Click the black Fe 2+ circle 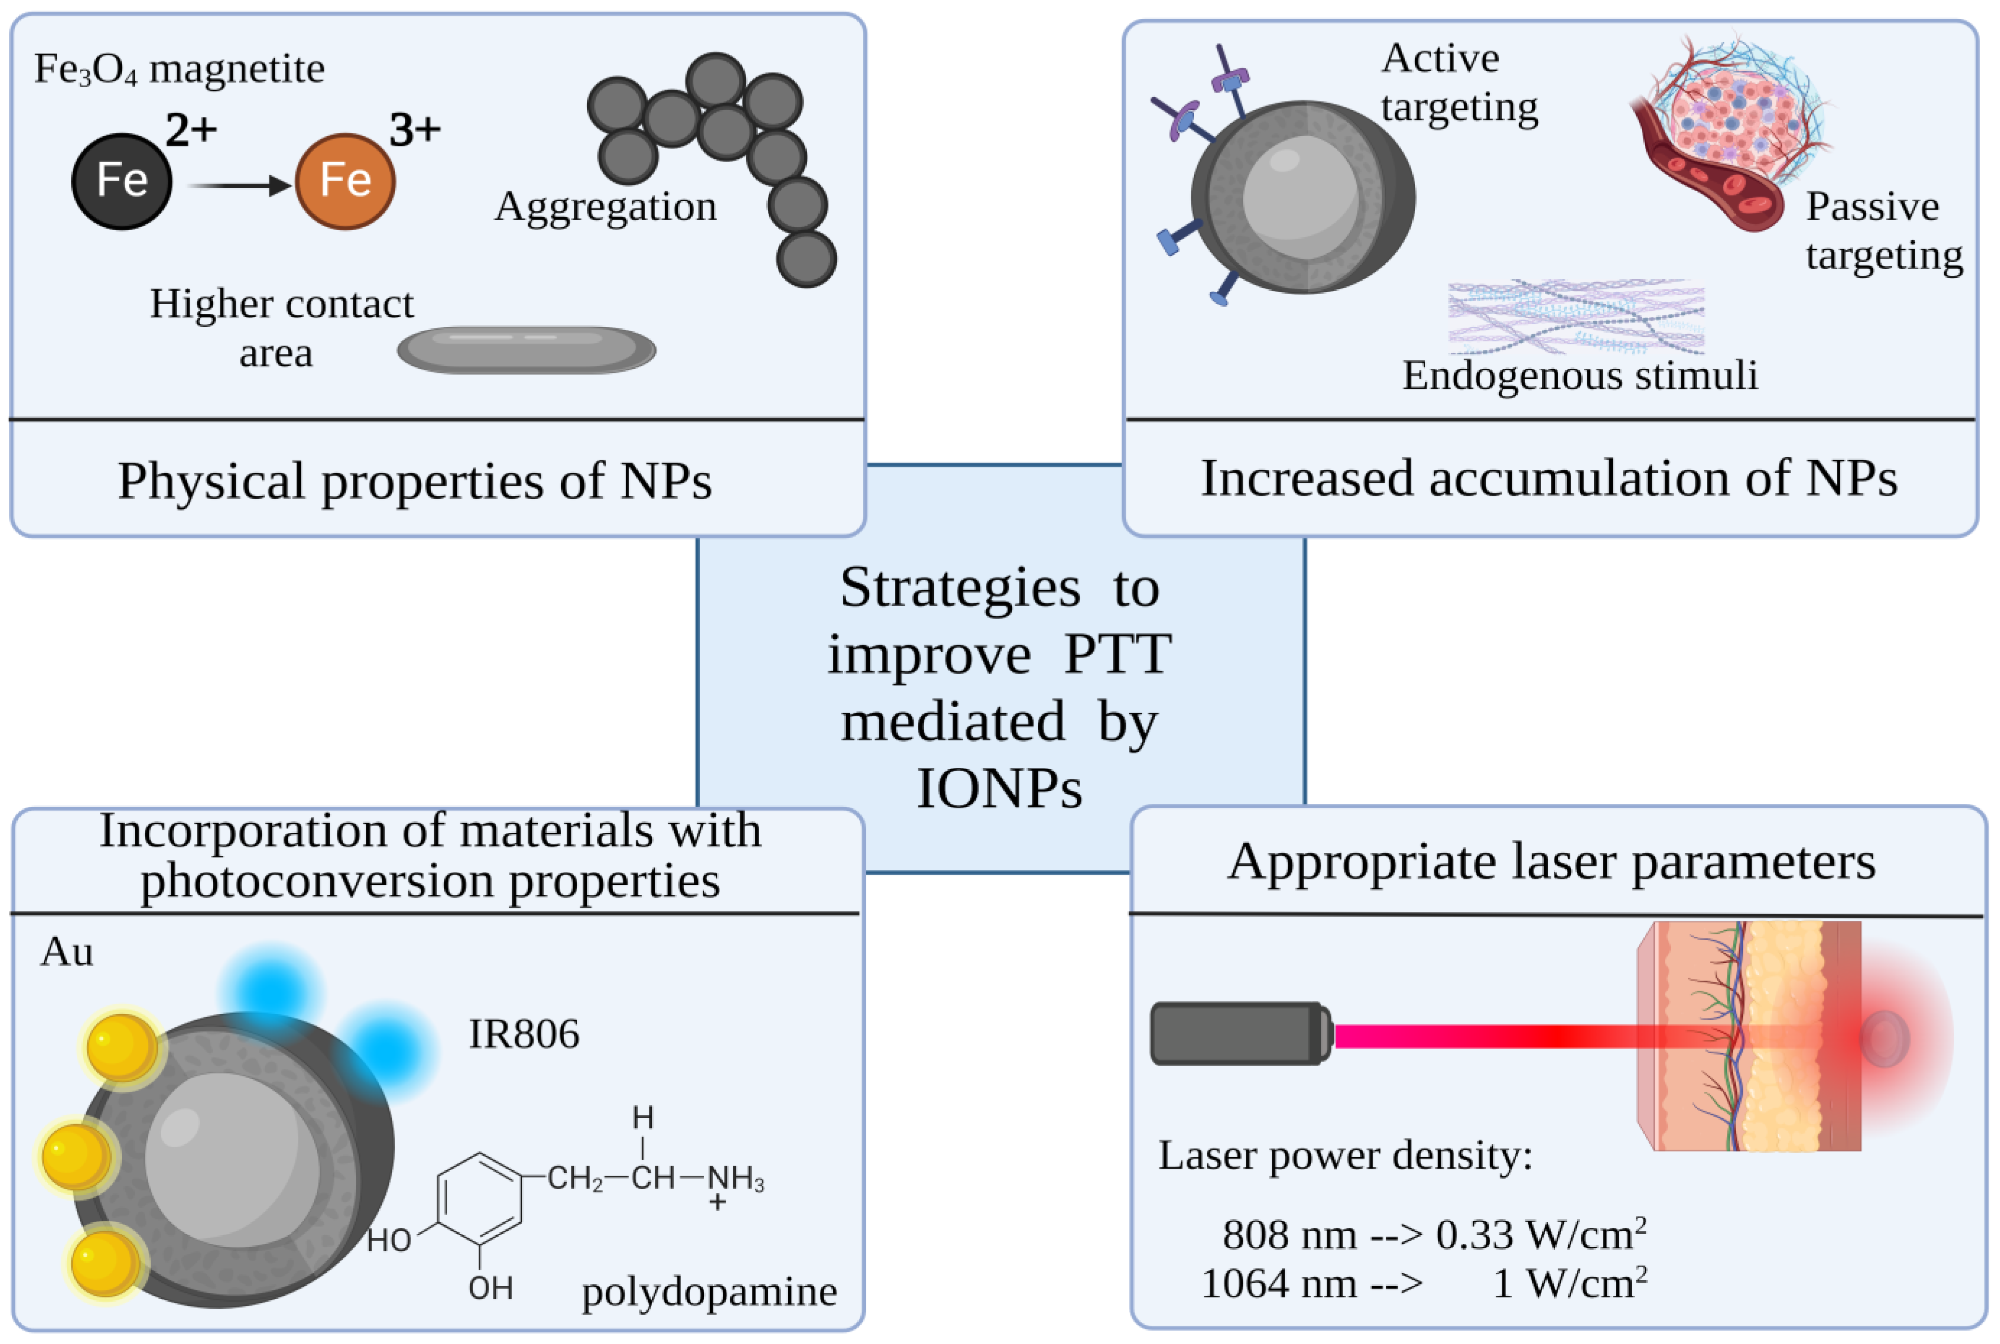122,181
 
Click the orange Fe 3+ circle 345,181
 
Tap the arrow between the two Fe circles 239,185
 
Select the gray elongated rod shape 526,349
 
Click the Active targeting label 1458,83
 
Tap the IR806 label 524,1034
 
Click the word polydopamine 709,1292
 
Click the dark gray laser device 1239,1034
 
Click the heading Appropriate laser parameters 1551,862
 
